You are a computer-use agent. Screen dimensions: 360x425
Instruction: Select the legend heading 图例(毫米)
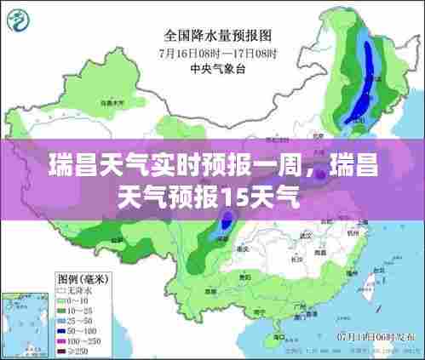[83, 279]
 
